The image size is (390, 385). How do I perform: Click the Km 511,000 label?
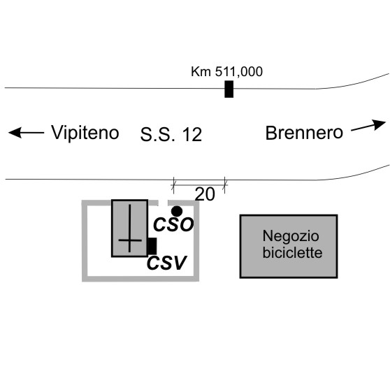click(x=226, y=72)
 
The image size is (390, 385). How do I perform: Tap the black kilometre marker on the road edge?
click(x=229, y=89)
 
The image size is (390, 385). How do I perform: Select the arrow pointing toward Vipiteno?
click(x=26, y=132)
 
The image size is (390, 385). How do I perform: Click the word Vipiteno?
click(x=85, y=133)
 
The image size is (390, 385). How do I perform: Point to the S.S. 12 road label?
click(x=171, y=135)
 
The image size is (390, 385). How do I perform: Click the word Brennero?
click(x=304, y=133)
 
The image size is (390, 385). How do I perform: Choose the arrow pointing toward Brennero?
click(x=368, y=126)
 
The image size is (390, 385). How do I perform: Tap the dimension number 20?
click(x=205, y=194)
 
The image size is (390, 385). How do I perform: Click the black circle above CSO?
click(x=177, y=212)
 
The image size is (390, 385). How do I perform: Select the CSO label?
click(x=173, y=224)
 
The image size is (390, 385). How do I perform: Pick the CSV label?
click(x=166, y=263)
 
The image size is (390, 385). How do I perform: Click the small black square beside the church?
click(x=152, y=246)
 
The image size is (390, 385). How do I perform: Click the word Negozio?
click(x=291, y=236)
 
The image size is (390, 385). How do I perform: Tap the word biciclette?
click(x=292, y=253)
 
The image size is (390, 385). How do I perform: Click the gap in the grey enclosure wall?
click(x=163, y=203)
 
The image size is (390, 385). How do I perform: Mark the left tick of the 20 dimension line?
click(x=173, y=185)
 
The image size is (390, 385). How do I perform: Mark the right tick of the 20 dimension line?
click(x=224, y=185)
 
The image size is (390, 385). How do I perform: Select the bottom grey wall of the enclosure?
click(x=140, y=279)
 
